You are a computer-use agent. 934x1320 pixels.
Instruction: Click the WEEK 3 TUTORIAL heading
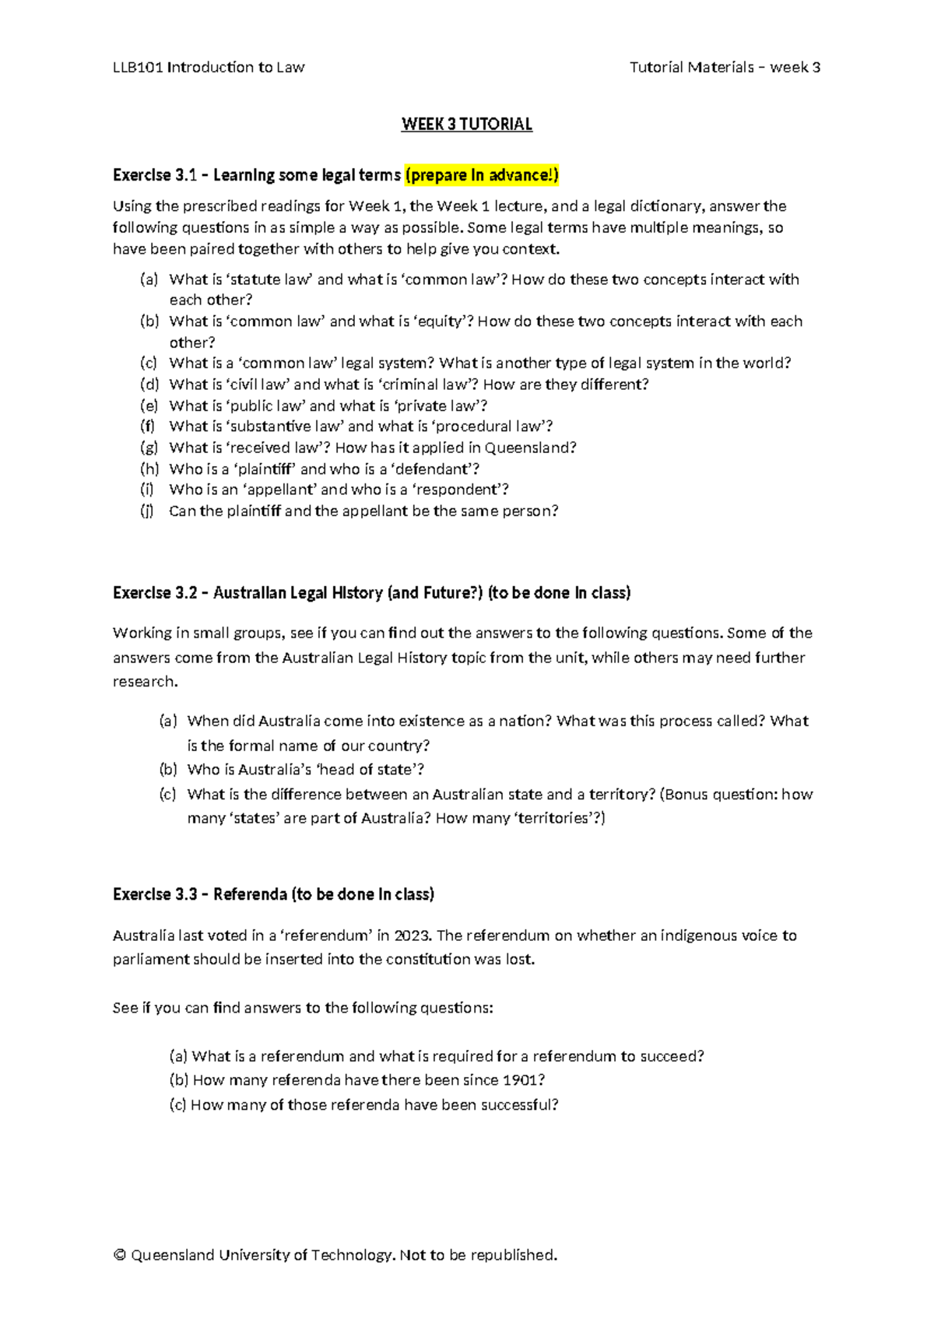click(x=466, y=125)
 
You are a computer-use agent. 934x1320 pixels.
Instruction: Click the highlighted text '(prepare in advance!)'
click(x=482, y=175)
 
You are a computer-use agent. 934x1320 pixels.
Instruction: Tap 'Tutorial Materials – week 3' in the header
click(x=725, y=68)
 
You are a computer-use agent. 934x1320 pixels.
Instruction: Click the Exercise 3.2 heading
click(x=371, y=593)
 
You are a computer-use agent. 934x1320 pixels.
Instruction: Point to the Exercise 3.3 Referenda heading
click(x=273, y=894)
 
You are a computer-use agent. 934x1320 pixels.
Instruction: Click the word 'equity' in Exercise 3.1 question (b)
click(x=443, y=321)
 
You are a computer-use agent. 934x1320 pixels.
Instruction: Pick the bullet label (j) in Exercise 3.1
click(x=147, y=511)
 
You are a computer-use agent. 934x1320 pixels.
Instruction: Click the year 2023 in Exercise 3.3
click(x=411, y=936)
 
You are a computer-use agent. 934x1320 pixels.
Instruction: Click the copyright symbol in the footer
click(x=119, y=1255)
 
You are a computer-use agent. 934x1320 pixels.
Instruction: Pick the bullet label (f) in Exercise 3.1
click(x=147, y=427)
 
